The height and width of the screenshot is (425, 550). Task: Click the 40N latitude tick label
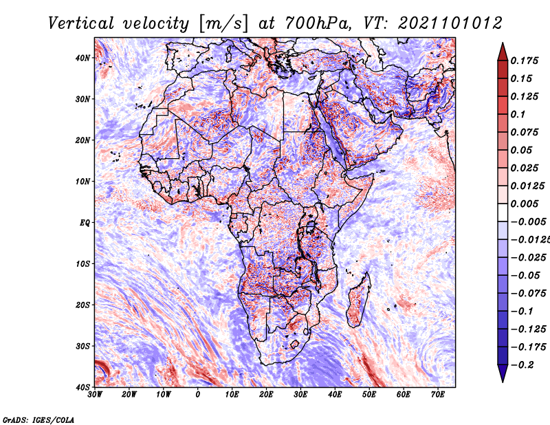[x=82, y=58]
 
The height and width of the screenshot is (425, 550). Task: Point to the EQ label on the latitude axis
[x=85, y=223]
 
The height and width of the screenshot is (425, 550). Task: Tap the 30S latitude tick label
[x=82, y=346]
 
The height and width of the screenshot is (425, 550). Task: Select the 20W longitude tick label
[x=129, y=395]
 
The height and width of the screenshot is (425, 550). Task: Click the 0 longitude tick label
[x=197, y=395]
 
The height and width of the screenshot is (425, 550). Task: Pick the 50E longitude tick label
[x=369, y=395]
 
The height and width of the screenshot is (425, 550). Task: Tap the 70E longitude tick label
[x=438, y=395]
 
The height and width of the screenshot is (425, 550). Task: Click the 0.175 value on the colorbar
[x=524, y=61]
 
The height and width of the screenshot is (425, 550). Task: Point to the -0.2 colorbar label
[x=522, y=365]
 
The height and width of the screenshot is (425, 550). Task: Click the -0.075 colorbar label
[x=528, y=294]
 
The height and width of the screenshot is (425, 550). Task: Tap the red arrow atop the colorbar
[x=503, y=52]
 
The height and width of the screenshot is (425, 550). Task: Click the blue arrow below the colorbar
[x=503, y=373]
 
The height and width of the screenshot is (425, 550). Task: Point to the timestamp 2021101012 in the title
[x=450, y=23]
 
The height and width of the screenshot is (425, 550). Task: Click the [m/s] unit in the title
[x=223, y=24]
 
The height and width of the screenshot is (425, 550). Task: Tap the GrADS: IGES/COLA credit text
[x=38, y=420]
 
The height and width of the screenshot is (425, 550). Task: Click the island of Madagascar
[x=358, y=299]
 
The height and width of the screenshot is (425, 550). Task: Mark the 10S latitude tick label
[x=82, y=264]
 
